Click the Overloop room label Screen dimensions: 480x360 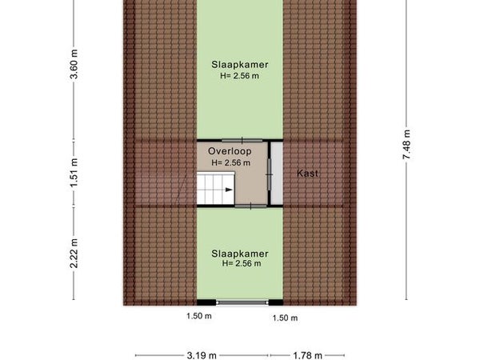pyautogui.click(x=230, y=151)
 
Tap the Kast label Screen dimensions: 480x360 pyautogui.click(x=307, y=174)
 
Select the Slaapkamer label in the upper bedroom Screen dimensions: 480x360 pyautogui.click(x=240, y=65)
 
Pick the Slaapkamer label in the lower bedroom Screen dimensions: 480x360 pyautogui.click(x=240, y=254)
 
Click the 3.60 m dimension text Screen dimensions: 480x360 pyautogui.click(x=74, y=64)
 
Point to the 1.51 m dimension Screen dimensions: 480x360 pyautogui.click(x=74, y=173)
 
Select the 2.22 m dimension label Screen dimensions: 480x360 pyautogui.click(x=74, y=253)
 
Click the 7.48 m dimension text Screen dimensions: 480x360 pyautogui.click(x=406, y=145)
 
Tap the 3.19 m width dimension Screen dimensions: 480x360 pyautogui.click(x=202, y=355)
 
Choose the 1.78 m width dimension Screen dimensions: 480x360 pyautogui.click(x=307, y=355)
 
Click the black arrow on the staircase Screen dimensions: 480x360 pyautogui.click(x=229, y=190)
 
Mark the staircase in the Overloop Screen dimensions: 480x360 pyautogui.click(x=215, y=188)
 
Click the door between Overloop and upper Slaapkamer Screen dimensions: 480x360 pyautogui.click(x=242, y=141)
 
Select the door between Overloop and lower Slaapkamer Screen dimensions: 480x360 pyautogui.click(x=250, y=206)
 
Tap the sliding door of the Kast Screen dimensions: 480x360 pyautogui.click(x=270, y=174)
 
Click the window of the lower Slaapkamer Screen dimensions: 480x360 pyautogui.click(x=242, y=302)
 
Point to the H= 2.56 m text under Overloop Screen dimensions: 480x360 pyautogui.click(x=231, y=163)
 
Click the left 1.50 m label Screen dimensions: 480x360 pyautogui.click(x=199, y=316)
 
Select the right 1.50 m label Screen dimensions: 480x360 pyautogui.click(x=285, y=318)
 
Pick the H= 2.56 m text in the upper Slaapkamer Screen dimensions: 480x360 pyautogui.click(x=239, y=76)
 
